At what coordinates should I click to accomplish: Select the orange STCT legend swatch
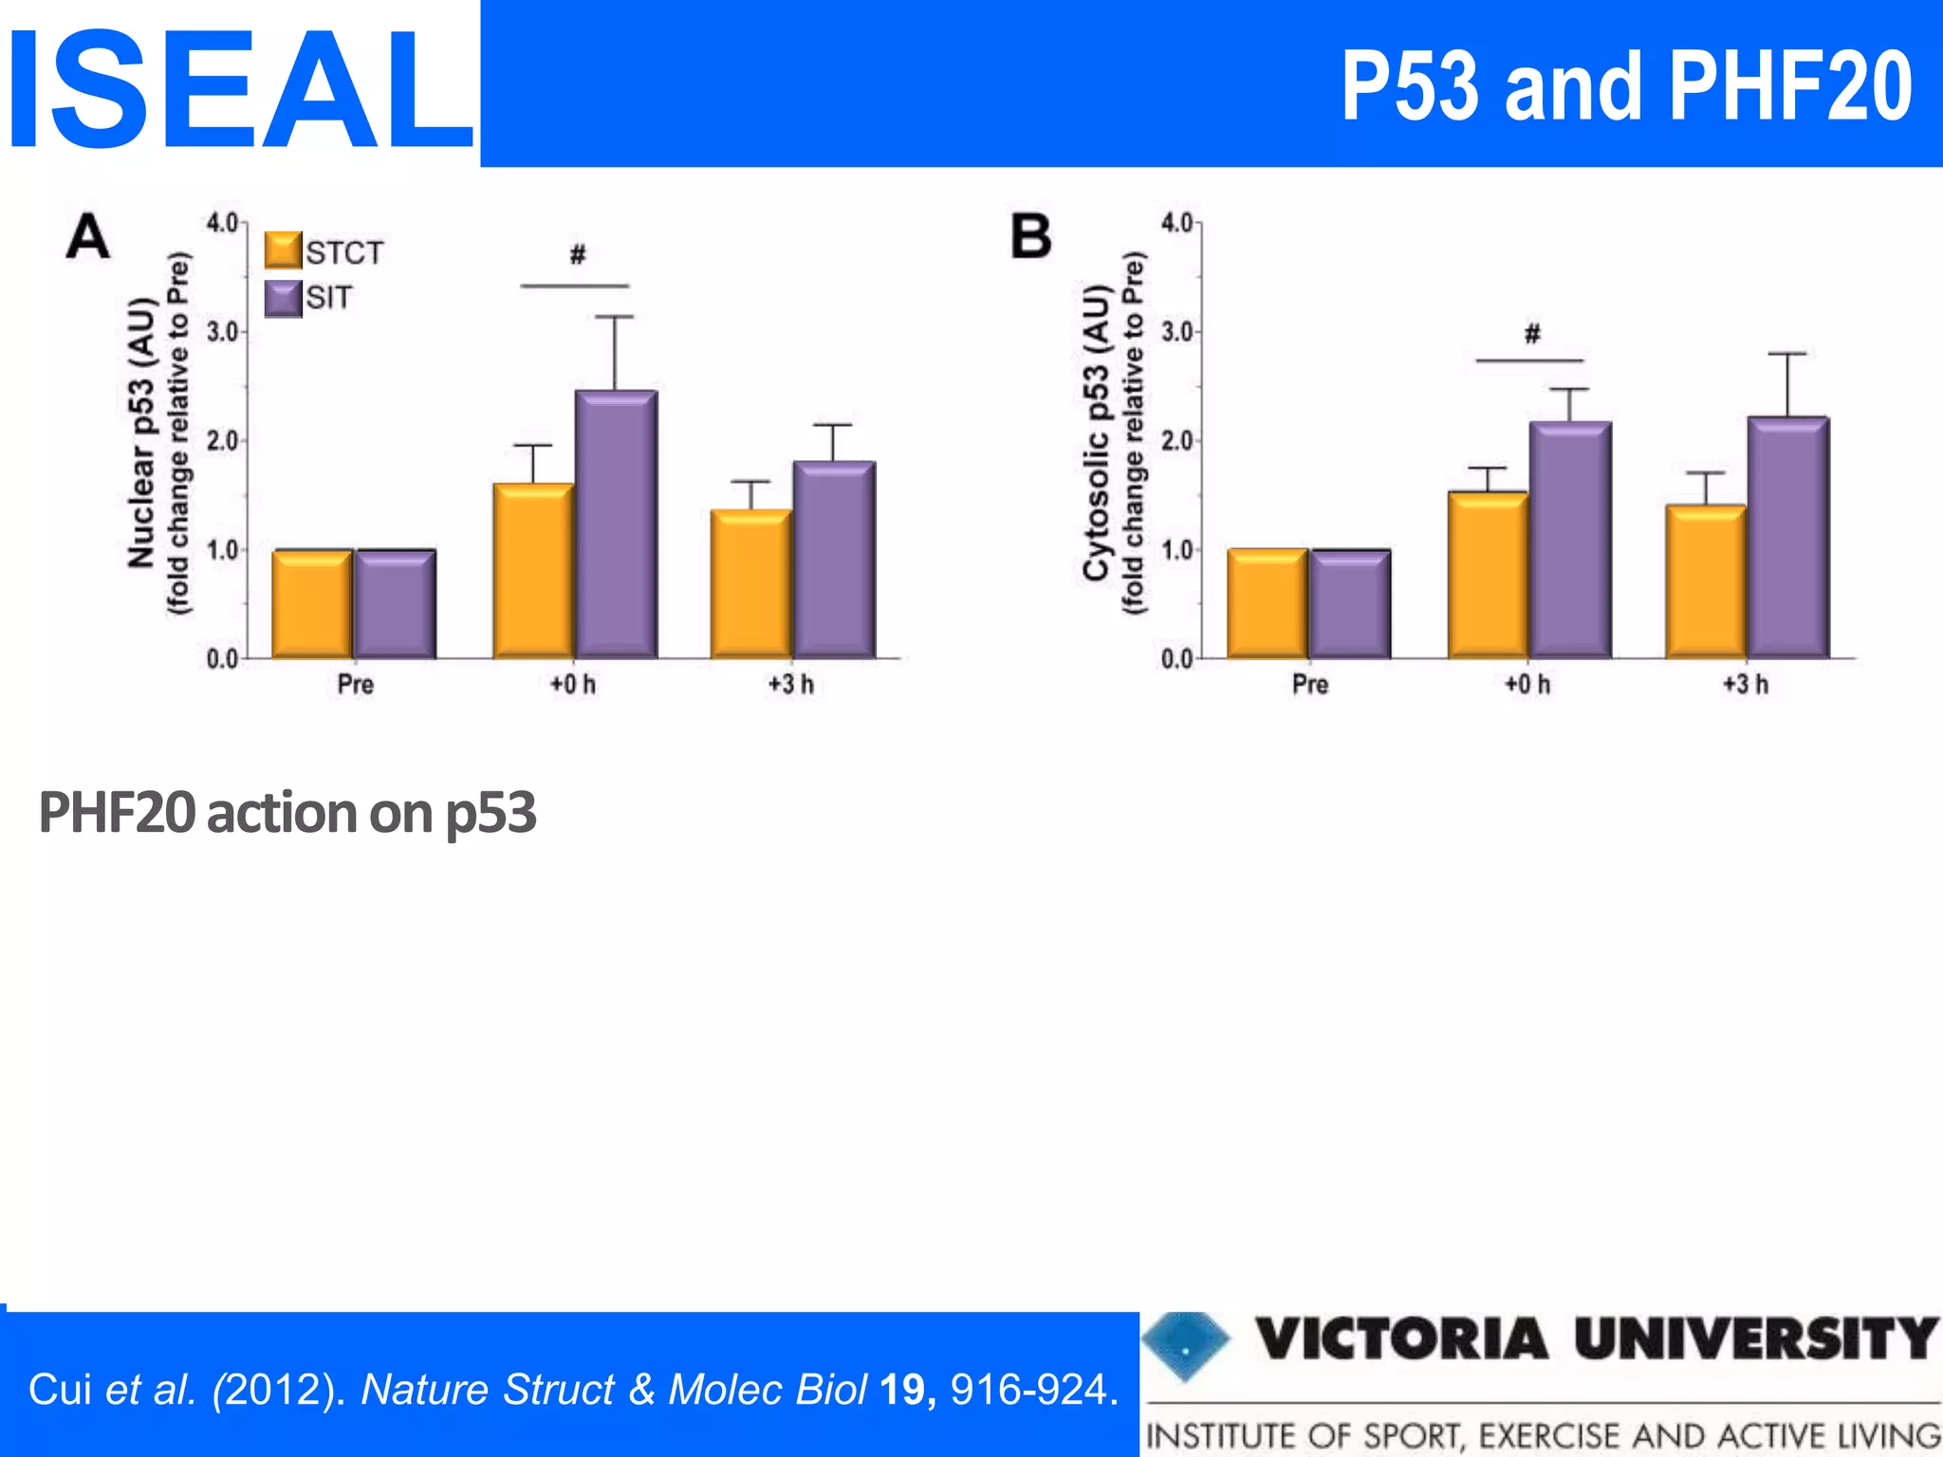(283, 250)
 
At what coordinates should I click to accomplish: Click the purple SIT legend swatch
(283, 298)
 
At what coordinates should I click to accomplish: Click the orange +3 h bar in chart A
(750, 583)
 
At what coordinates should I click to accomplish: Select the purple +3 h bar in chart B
(1787, 537)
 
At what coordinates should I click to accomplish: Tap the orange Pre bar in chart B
(1267, 603)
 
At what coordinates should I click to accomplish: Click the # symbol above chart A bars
(577, 254)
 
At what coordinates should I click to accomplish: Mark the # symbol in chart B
(1532, 333)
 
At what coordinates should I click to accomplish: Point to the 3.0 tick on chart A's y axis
(223, 332)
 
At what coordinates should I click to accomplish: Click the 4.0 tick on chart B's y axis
(1177, 223)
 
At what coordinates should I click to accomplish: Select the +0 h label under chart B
(1527, 684)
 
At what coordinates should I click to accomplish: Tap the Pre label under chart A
(356, 684)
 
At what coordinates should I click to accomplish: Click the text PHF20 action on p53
(287, 813)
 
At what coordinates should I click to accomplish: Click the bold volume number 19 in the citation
(901, 1390)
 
